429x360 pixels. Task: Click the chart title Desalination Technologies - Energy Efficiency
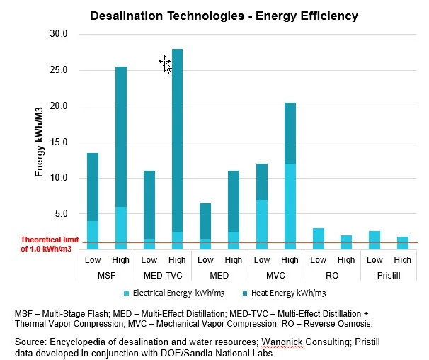point(224,15)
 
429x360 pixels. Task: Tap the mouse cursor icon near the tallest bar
point(165,64)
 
